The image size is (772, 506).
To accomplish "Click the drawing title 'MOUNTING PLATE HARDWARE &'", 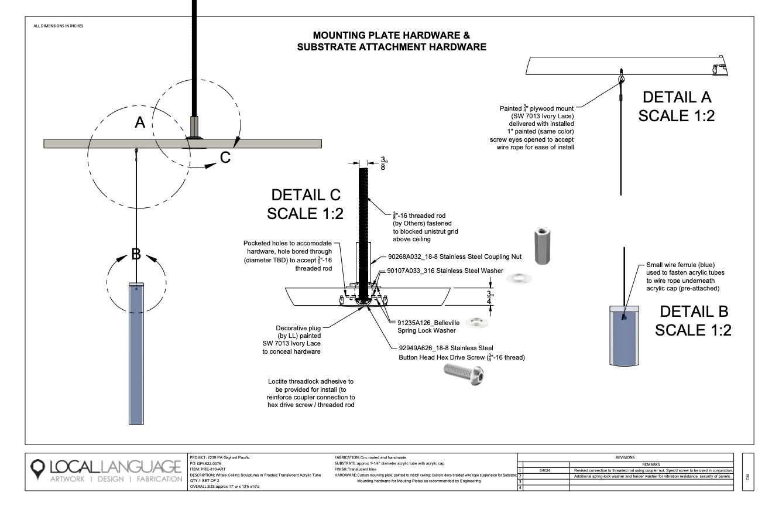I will tap(391, 36).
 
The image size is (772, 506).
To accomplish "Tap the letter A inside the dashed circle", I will tap(140, 122).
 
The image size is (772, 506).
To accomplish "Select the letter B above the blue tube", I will tap(136, 254).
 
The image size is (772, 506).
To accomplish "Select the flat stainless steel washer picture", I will tap(519, 277).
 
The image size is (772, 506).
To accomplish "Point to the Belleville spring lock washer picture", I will tap(477, 322).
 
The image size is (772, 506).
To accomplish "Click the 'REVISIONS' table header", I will tap(625, 456).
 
